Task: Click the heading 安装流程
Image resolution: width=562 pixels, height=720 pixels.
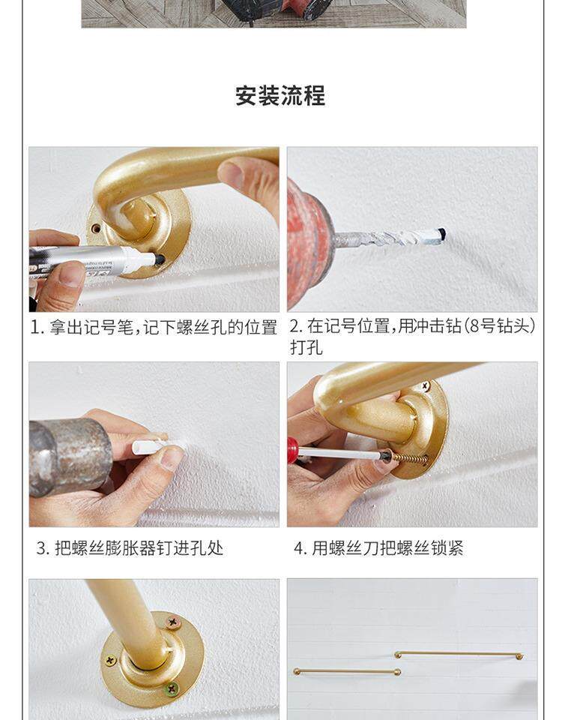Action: pyautogui.click(x=280, y=95)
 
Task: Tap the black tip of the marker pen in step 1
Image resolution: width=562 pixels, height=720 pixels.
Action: pyautogui.click(x=159, y=259)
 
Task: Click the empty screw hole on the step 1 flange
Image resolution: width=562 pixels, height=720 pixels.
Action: pyautogui.click(x=96, y=228)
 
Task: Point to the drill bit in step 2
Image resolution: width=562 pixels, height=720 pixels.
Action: pyautogui.click(x=390, y=238)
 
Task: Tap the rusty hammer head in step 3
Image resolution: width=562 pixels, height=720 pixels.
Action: pyautogui.click(x=69, y=457)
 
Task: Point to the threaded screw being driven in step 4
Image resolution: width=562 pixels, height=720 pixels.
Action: pyautogui.click(x=410, y=457)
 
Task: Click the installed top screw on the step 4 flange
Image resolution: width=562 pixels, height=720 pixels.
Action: pyautogui.click(x=426, y=386)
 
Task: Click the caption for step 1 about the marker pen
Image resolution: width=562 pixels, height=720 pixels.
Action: pyautogui.click(x=154, y=328)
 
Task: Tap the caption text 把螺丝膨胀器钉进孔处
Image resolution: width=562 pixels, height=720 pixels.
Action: pyautogui.click(x=139, y=548)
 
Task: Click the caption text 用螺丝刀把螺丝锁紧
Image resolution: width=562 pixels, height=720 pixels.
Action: pyautogui.click(x=387, y=548)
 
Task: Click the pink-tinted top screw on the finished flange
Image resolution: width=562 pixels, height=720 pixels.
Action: pyautogui.click(x=173, y=623)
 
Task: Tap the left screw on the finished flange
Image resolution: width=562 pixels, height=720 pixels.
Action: pyautogui.click(x=110, y=660)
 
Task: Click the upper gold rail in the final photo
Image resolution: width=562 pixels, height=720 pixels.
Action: pyautogui.click(x=459, y=654)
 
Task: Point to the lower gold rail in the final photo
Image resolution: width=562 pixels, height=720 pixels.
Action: pyautogui.click(x=347, y=672)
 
